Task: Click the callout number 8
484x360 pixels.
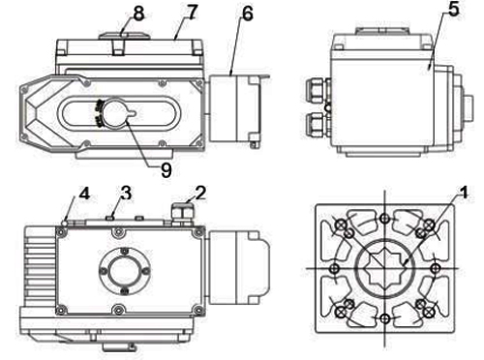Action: click(x=138, y=14)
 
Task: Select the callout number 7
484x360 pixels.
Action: click(x=192, y=13)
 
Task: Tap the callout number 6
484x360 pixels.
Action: click(x=247, y=14)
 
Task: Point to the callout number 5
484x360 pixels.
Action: click(x=453, y=10)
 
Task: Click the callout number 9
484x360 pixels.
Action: click(x=166, y=170)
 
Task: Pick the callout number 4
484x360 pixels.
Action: click(x=84, y=194)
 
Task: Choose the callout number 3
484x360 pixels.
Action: click(x=126, y=193)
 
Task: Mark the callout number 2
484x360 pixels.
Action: click(x=200, y=193)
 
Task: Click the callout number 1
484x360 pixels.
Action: click(x=464, y=193)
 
